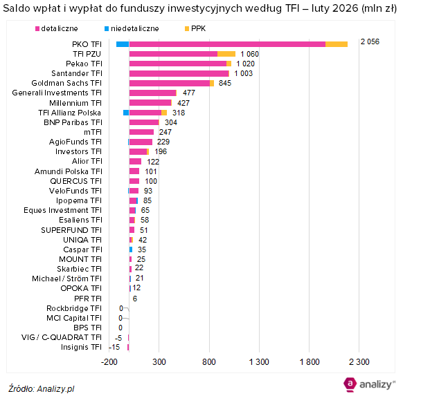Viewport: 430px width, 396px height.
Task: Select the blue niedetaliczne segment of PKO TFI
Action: point(122,44)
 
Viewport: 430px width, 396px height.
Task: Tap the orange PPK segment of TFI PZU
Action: point(226,54)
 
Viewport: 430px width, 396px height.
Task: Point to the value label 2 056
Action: point(370,42)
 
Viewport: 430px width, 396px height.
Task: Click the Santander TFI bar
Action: point(179,73)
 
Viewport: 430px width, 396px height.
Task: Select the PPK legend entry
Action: point(199,28)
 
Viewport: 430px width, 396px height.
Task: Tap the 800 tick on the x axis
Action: point(209,362)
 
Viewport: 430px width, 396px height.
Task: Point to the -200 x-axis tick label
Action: point(109,362)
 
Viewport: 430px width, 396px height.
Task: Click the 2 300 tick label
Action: point(359,362)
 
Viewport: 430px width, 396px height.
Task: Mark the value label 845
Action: point(224,83)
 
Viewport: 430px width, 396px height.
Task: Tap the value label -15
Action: point(114,347)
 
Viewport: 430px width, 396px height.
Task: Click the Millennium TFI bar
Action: point(150,102)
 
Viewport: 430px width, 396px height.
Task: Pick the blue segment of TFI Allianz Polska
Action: point(126,112)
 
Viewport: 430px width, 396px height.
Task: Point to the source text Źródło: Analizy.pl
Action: point(42,388)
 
